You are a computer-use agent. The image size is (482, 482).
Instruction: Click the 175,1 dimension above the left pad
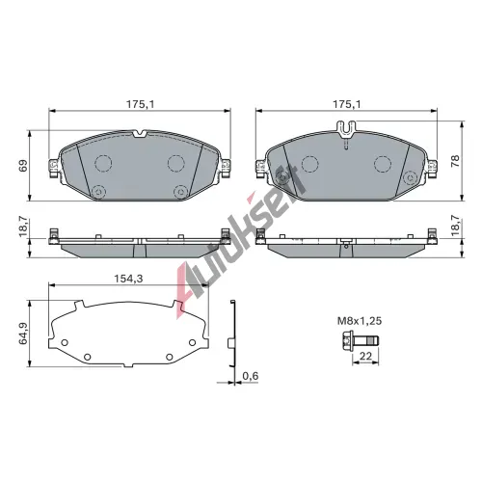(140, 104)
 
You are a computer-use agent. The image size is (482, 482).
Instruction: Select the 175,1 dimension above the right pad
(346, 104)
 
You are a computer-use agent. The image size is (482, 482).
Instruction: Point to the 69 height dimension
(24, 165)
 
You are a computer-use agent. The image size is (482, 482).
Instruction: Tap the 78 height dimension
(455, 161)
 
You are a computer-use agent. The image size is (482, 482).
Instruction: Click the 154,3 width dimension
(128, 279)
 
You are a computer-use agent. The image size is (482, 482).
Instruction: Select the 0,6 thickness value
(251, 376)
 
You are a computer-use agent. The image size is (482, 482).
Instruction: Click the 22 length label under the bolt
(365, 356)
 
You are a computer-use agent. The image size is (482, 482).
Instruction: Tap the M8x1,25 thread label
(360, 321)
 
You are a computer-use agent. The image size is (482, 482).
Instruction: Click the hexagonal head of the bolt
(349, 340)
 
